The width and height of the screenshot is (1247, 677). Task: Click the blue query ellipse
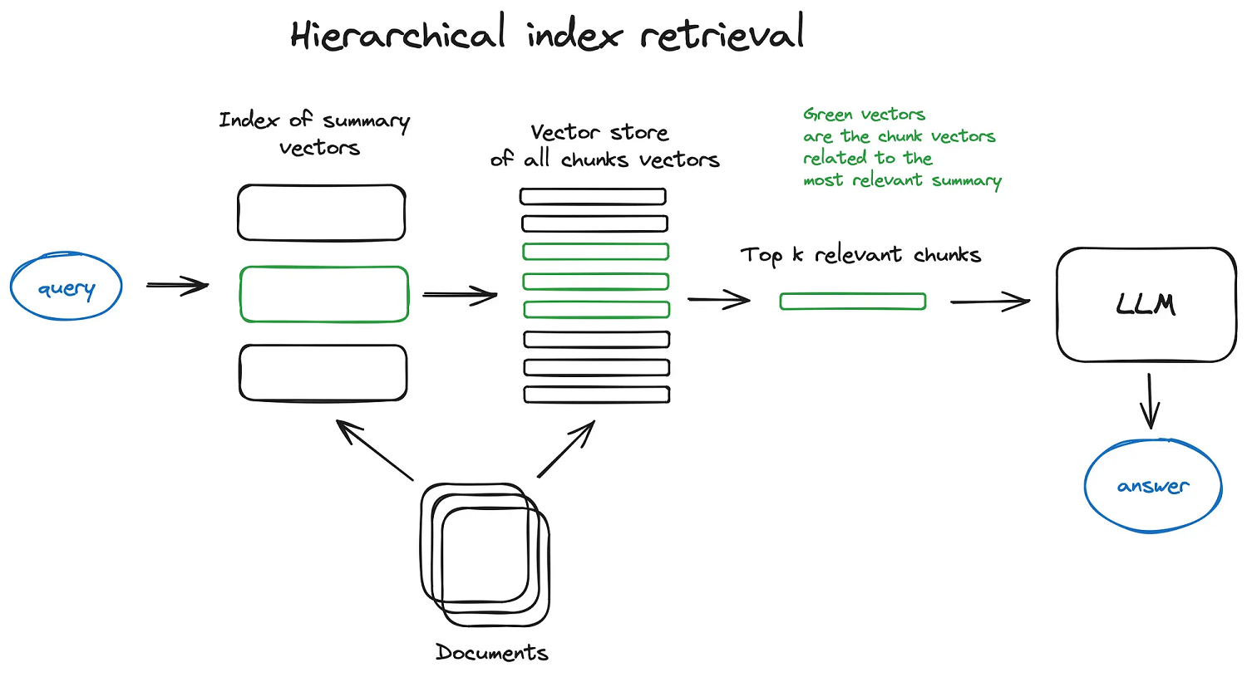coord(67,287)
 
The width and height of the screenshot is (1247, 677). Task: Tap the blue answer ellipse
coord(1153,485)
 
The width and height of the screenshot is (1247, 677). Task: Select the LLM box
coord(1146,304)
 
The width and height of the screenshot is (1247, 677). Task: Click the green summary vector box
coord(323,294)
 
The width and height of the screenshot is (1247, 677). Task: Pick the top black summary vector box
coord(321,213)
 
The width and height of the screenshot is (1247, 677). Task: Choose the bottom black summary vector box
coord(323,373)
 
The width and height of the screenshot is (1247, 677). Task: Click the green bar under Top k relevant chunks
coord(853,302)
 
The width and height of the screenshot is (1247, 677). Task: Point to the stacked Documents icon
coord(485,555)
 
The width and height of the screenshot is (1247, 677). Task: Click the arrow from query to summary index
coord(177,286)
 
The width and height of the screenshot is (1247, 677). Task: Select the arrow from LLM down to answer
coord(1150,400)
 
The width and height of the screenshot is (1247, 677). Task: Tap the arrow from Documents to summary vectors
coord(374,449)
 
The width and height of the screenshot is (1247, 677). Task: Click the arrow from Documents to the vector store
coord(566,449)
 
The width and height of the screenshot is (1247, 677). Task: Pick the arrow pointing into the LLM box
coord(990,302)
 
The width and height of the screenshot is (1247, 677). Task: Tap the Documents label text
coord(492,653)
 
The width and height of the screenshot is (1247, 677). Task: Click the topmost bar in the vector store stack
coord(593,197)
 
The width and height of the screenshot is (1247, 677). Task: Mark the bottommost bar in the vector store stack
coord(596,395)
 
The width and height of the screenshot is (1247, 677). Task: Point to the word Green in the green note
coord(827,115)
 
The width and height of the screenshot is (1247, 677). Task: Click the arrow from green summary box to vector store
coord(460,295)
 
